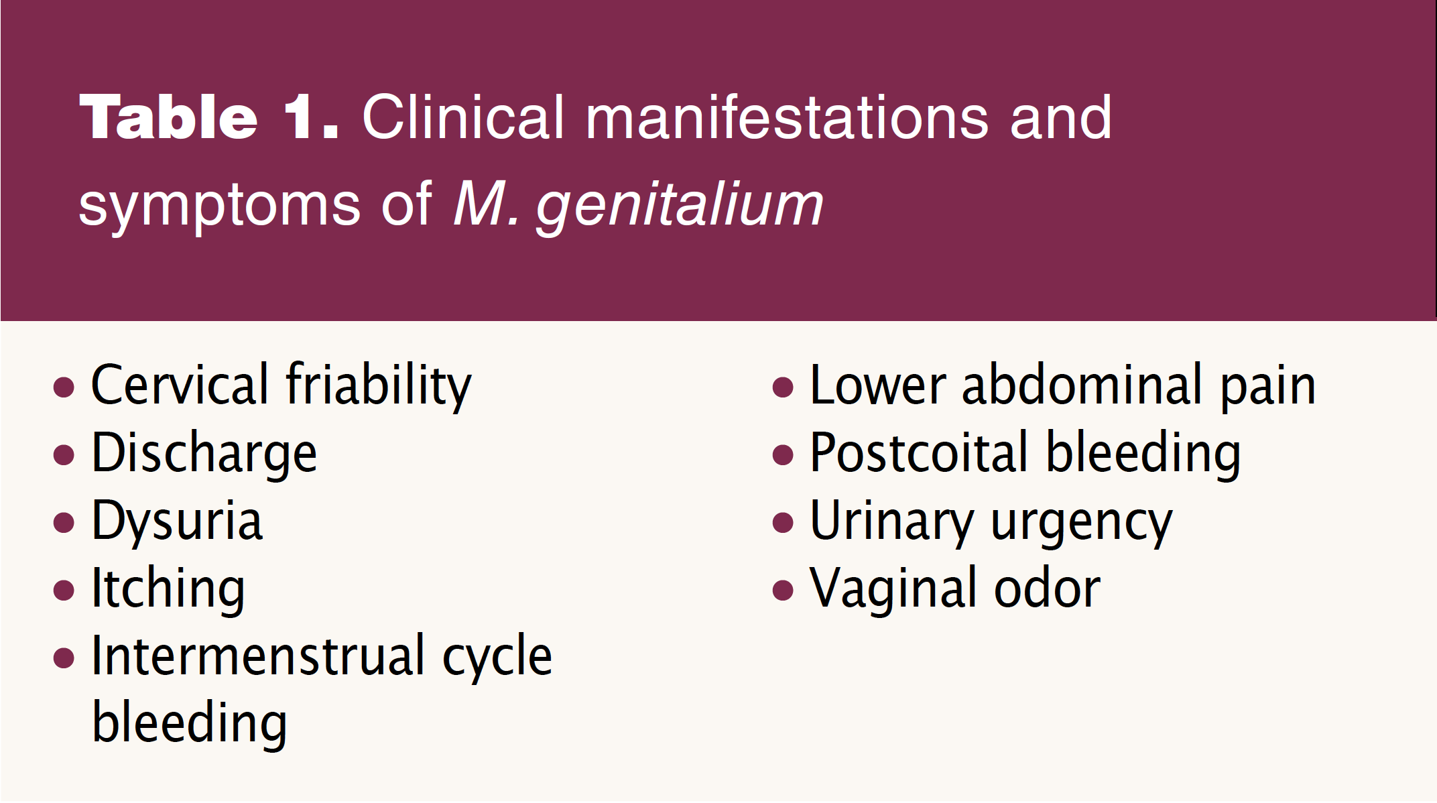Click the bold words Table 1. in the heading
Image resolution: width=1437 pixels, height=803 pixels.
(x=209, y=117)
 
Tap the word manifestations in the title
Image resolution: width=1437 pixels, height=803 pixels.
(x=787, y=117)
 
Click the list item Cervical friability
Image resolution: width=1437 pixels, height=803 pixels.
(x=282, y=386)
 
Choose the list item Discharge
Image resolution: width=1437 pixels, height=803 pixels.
(x=204, y=454)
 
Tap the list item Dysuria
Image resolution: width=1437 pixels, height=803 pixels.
(x=177, y=521)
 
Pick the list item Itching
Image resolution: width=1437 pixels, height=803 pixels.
(x=168, y=589)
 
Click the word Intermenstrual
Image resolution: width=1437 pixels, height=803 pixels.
(x=258, y=656)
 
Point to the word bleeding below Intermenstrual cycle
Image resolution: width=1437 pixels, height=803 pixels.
(x=190, y=724)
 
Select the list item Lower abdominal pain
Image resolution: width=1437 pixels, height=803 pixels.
(x=1063, y=386)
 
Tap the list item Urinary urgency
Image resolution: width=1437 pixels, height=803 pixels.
(x=991, y=522)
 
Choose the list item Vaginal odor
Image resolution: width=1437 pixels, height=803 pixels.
(x=955, y=589)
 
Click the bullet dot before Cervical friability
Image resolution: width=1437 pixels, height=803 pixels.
(x=64, y=387)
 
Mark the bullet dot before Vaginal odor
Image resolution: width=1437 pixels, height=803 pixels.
(x=783, y=591)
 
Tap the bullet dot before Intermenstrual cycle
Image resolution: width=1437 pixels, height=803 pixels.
(x=64, y=658)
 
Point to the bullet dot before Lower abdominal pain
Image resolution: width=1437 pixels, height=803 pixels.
(x=783, y=387)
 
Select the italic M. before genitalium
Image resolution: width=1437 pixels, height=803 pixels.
(x=487, y=204)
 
